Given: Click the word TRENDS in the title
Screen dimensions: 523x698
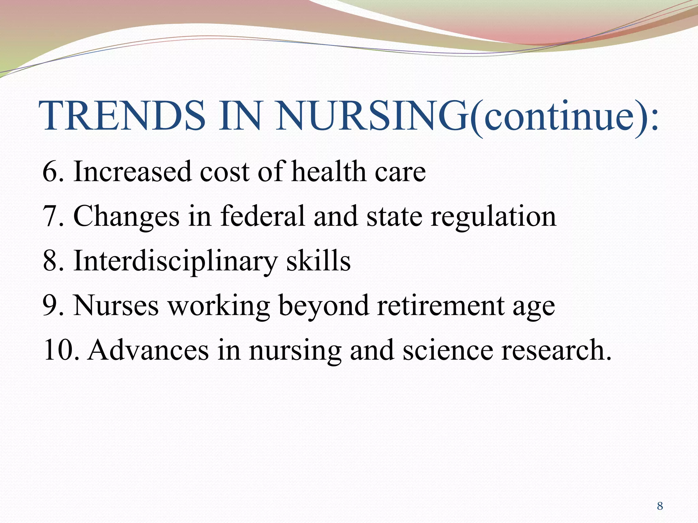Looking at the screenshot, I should tap(123, 116).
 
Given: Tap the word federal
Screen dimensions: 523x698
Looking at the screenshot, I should tap(262, 216).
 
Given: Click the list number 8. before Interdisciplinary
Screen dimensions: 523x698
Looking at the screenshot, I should tap(53, 261).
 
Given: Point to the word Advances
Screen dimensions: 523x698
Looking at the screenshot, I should tap(148, 350).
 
